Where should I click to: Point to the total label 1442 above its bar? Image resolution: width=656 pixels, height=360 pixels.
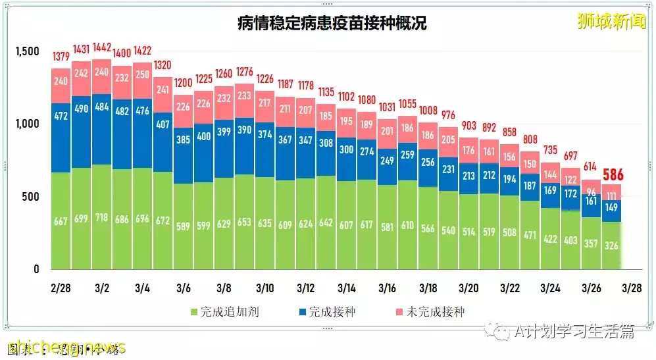coord(101,49)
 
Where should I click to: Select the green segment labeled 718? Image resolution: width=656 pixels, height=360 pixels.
coord(101,217)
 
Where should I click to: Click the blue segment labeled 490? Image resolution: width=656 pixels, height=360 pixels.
coord(82,109)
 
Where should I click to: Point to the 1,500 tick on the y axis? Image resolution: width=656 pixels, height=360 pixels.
coord(28,51)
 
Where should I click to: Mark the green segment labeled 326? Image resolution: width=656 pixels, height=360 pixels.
coord(613,245)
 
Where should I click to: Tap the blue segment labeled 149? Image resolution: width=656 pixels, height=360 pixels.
coord(613,208)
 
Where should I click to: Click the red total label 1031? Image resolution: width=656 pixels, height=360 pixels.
coord(387,107)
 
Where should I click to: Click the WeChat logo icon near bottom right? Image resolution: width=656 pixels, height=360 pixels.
coord(501,330)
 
